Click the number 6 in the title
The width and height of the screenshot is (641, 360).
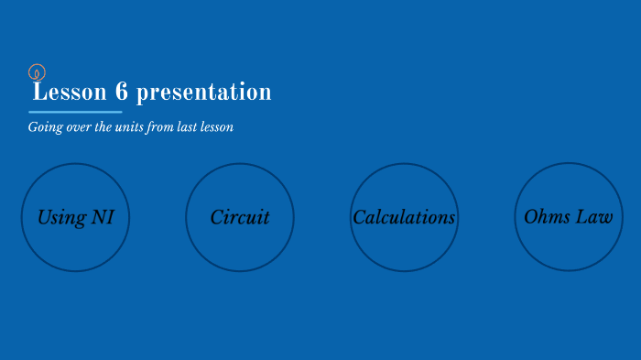122,93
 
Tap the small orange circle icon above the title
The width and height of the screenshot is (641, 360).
37,71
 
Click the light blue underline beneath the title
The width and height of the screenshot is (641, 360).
75,112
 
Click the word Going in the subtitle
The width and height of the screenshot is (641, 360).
45,127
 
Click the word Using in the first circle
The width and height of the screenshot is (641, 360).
61,217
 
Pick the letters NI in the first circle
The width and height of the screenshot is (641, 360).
102,217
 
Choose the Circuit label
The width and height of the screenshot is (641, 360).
240,217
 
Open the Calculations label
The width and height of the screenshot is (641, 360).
404,217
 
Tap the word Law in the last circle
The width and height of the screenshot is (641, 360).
595,217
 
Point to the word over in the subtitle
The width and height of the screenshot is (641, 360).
78,127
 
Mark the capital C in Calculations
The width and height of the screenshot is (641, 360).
359,217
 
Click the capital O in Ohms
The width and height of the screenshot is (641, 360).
530,217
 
